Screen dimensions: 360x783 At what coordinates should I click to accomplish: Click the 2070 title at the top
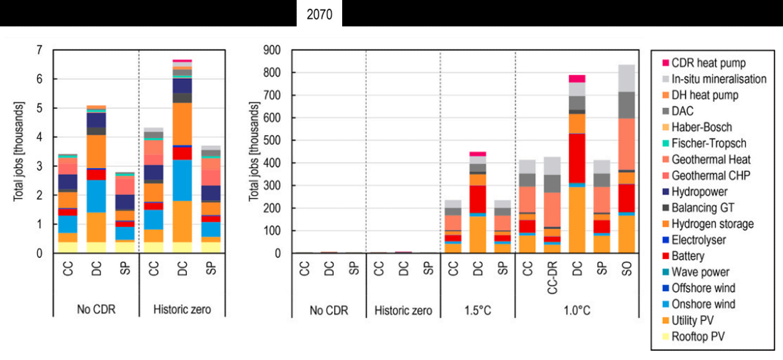[x=319, y=14]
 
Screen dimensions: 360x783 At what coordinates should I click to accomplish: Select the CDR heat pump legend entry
[x=708, y=63]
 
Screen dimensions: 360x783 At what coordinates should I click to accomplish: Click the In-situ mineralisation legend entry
[x=718, y=79]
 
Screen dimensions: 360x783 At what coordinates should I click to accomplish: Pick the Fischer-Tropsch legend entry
[x=709, y=143]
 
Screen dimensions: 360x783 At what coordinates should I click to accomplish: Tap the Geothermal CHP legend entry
[x=711, y=175]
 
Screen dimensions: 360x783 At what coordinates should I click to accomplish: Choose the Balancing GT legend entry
[x=703, y=208]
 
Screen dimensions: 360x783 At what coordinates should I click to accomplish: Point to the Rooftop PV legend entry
[x=698, y=336]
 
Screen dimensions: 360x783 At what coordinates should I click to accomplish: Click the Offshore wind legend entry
[x=703, y=288]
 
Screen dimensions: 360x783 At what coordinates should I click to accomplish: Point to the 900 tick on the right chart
[x=272, y=50]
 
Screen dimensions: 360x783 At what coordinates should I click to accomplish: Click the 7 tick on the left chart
[x=39, y=50]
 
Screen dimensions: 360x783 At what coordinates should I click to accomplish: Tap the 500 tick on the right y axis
[x=272, y=140]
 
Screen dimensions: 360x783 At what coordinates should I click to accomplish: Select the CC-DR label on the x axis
[x=552, y=278]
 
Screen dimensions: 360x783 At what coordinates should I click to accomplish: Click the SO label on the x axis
[x=627, y=269]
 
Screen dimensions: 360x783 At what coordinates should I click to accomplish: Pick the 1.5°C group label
[x=478, y=311]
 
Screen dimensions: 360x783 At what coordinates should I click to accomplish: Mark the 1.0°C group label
[x=577, y=311]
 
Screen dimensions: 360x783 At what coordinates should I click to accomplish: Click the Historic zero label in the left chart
[x=182, y=309]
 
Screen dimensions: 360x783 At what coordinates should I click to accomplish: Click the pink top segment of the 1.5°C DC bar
[x=478, y=154]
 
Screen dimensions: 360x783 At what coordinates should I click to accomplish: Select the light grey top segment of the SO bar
[x=626, y=78]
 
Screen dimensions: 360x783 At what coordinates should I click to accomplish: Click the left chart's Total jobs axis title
[x=18, y=151]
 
